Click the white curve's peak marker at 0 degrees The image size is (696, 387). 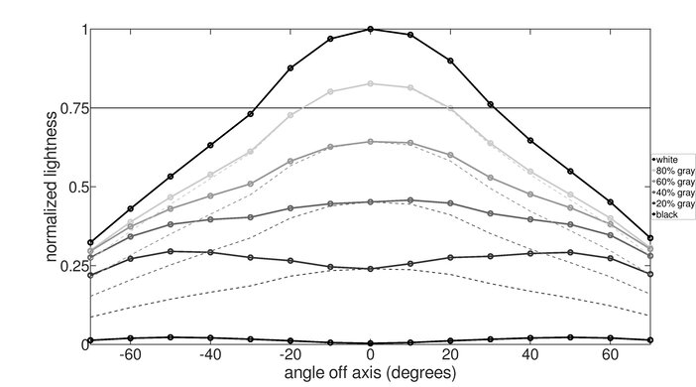[371, 29]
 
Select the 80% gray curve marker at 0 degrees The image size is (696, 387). [371, 83]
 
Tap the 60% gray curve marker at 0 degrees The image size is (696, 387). [371, 142]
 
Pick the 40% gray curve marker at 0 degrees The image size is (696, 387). [371, 201]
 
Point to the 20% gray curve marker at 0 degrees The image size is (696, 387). [371, 269]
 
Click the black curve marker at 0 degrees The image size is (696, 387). [371, 342]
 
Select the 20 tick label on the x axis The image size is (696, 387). [450, 354]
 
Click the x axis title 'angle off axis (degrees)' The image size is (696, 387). [371, 373]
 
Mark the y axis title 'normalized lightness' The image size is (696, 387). [49, 187]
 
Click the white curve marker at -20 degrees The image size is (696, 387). [290, 68]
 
